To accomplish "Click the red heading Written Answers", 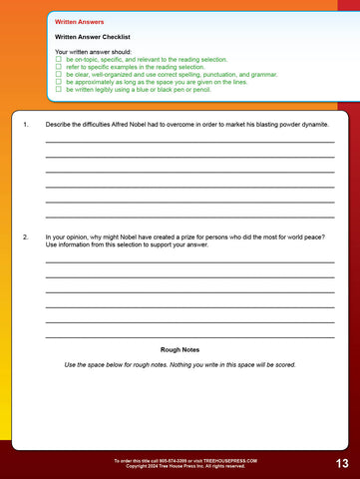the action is tap(80, 20).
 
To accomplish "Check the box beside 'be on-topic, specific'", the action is tap(59, 59).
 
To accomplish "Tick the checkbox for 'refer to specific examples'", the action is tap(59, 66).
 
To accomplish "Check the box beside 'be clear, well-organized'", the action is tap(59, 74).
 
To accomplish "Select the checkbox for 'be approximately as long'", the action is tap(59, 81).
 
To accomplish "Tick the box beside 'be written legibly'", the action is tap(59, 89).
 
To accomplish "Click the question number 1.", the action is tap(24, 125).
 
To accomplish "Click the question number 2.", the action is tap(24, 237).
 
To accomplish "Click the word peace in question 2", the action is tap(311, 237).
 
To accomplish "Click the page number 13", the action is tap(341, 464).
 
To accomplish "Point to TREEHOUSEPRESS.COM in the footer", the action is tap(230, 460).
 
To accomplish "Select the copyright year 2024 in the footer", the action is tap(148, 466).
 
